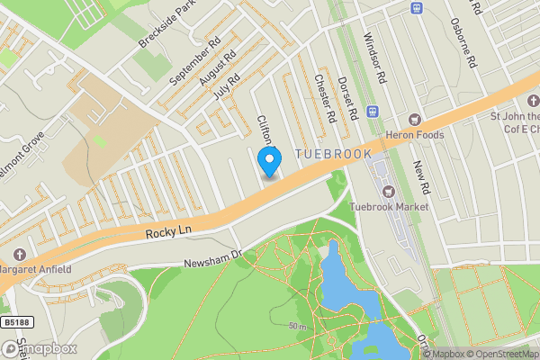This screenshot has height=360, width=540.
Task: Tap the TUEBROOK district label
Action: [x=332, y=155]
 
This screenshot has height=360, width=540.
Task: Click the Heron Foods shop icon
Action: [x=415, y=120]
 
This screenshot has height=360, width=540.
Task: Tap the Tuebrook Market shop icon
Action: [x=389, y=191]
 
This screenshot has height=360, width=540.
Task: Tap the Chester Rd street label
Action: [x=325, y=98]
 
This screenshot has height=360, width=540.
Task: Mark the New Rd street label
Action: [x=418, y=176]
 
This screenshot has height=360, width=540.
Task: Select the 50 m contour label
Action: [x=297, y=326]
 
